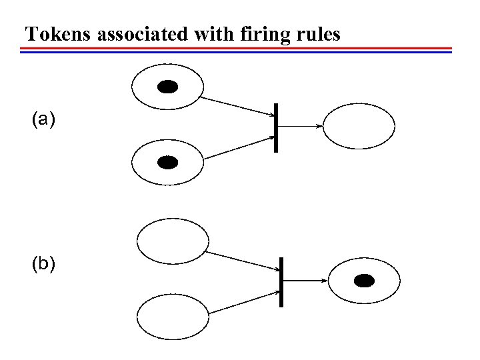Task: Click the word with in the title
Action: (x=214, y=34)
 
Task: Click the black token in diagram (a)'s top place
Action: (x=167, y=86)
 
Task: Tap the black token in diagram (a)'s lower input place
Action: (x=167, y=162)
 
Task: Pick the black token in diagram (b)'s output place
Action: (x=363, y=281)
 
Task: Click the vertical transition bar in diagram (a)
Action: (x=275, y=128)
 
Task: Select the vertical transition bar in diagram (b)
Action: (x=281, y=281)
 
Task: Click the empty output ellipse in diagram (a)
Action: (x=359, y=126)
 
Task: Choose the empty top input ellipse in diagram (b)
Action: (x=172, y=241)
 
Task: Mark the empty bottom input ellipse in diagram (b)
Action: (x=172, y=316)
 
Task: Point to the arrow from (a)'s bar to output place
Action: (x=299, y=125)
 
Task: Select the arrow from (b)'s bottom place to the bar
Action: (x=243, y=301)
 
